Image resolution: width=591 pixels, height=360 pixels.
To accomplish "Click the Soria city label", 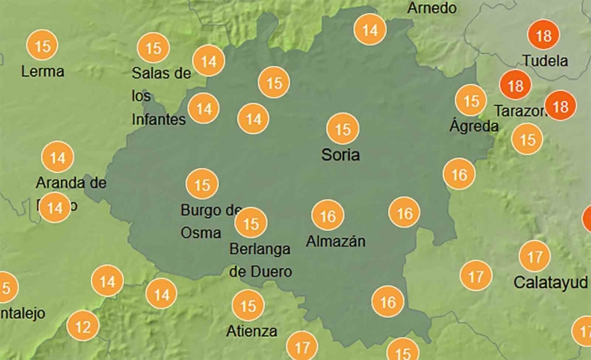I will pyautogui.click(x=341, y=155).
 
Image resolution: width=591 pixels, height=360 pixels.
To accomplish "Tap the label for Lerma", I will pyautogui.click(x=42, y=71).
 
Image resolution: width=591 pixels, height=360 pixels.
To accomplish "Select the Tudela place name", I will pyautogui.click(x=545, y=61).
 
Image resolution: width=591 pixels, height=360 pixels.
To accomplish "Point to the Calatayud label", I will pyautogui.click(x=550, y=281).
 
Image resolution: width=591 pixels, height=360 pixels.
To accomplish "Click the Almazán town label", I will pyautogui.click(x=335, y=242).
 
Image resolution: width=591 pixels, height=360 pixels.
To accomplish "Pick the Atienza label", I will pyautogui.click(x=252, y=332).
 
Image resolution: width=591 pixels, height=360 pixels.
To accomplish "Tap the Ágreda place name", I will pyautogui.click(x=473, y=127).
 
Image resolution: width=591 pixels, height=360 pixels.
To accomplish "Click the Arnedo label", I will pyautogui.click(x=432, y=8).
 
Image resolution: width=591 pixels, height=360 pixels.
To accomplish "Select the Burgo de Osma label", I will pyautogui.click(x=210, y=221).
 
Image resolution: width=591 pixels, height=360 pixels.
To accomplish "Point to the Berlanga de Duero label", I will pyautogui.click(x=260, y=259).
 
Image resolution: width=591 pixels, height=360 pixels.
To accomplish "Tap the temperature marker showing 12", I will pyautogui.click(x=83, y=326).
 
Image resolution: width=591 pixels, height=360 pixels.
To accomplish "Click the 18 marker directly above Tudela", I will pyautogui.click(x=544, y=36).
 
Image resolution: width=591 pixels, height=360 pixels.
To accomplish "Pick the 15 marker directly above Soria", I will pyautogui.click(x=342, y=129).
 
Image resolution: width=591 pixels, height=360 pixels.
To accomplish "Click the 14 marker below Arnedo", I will pyautogui.click(x=370, y=30).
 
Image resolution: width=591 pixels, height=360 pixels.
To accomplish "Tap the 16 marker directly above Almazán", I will pyautogui.click(x=328, y=216).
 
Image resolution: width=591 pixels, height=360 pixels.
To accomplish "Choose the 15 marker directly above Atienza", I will pyautogui.click(x=247, y=306).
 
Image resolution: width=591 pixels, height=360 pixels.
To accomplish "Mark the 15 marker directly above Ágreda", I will pyautogui.click(x=471, y=101).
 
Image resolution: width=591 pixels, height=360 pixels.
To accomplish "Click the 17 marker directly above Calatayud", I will pyautogui.click(x=536, y=256).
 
